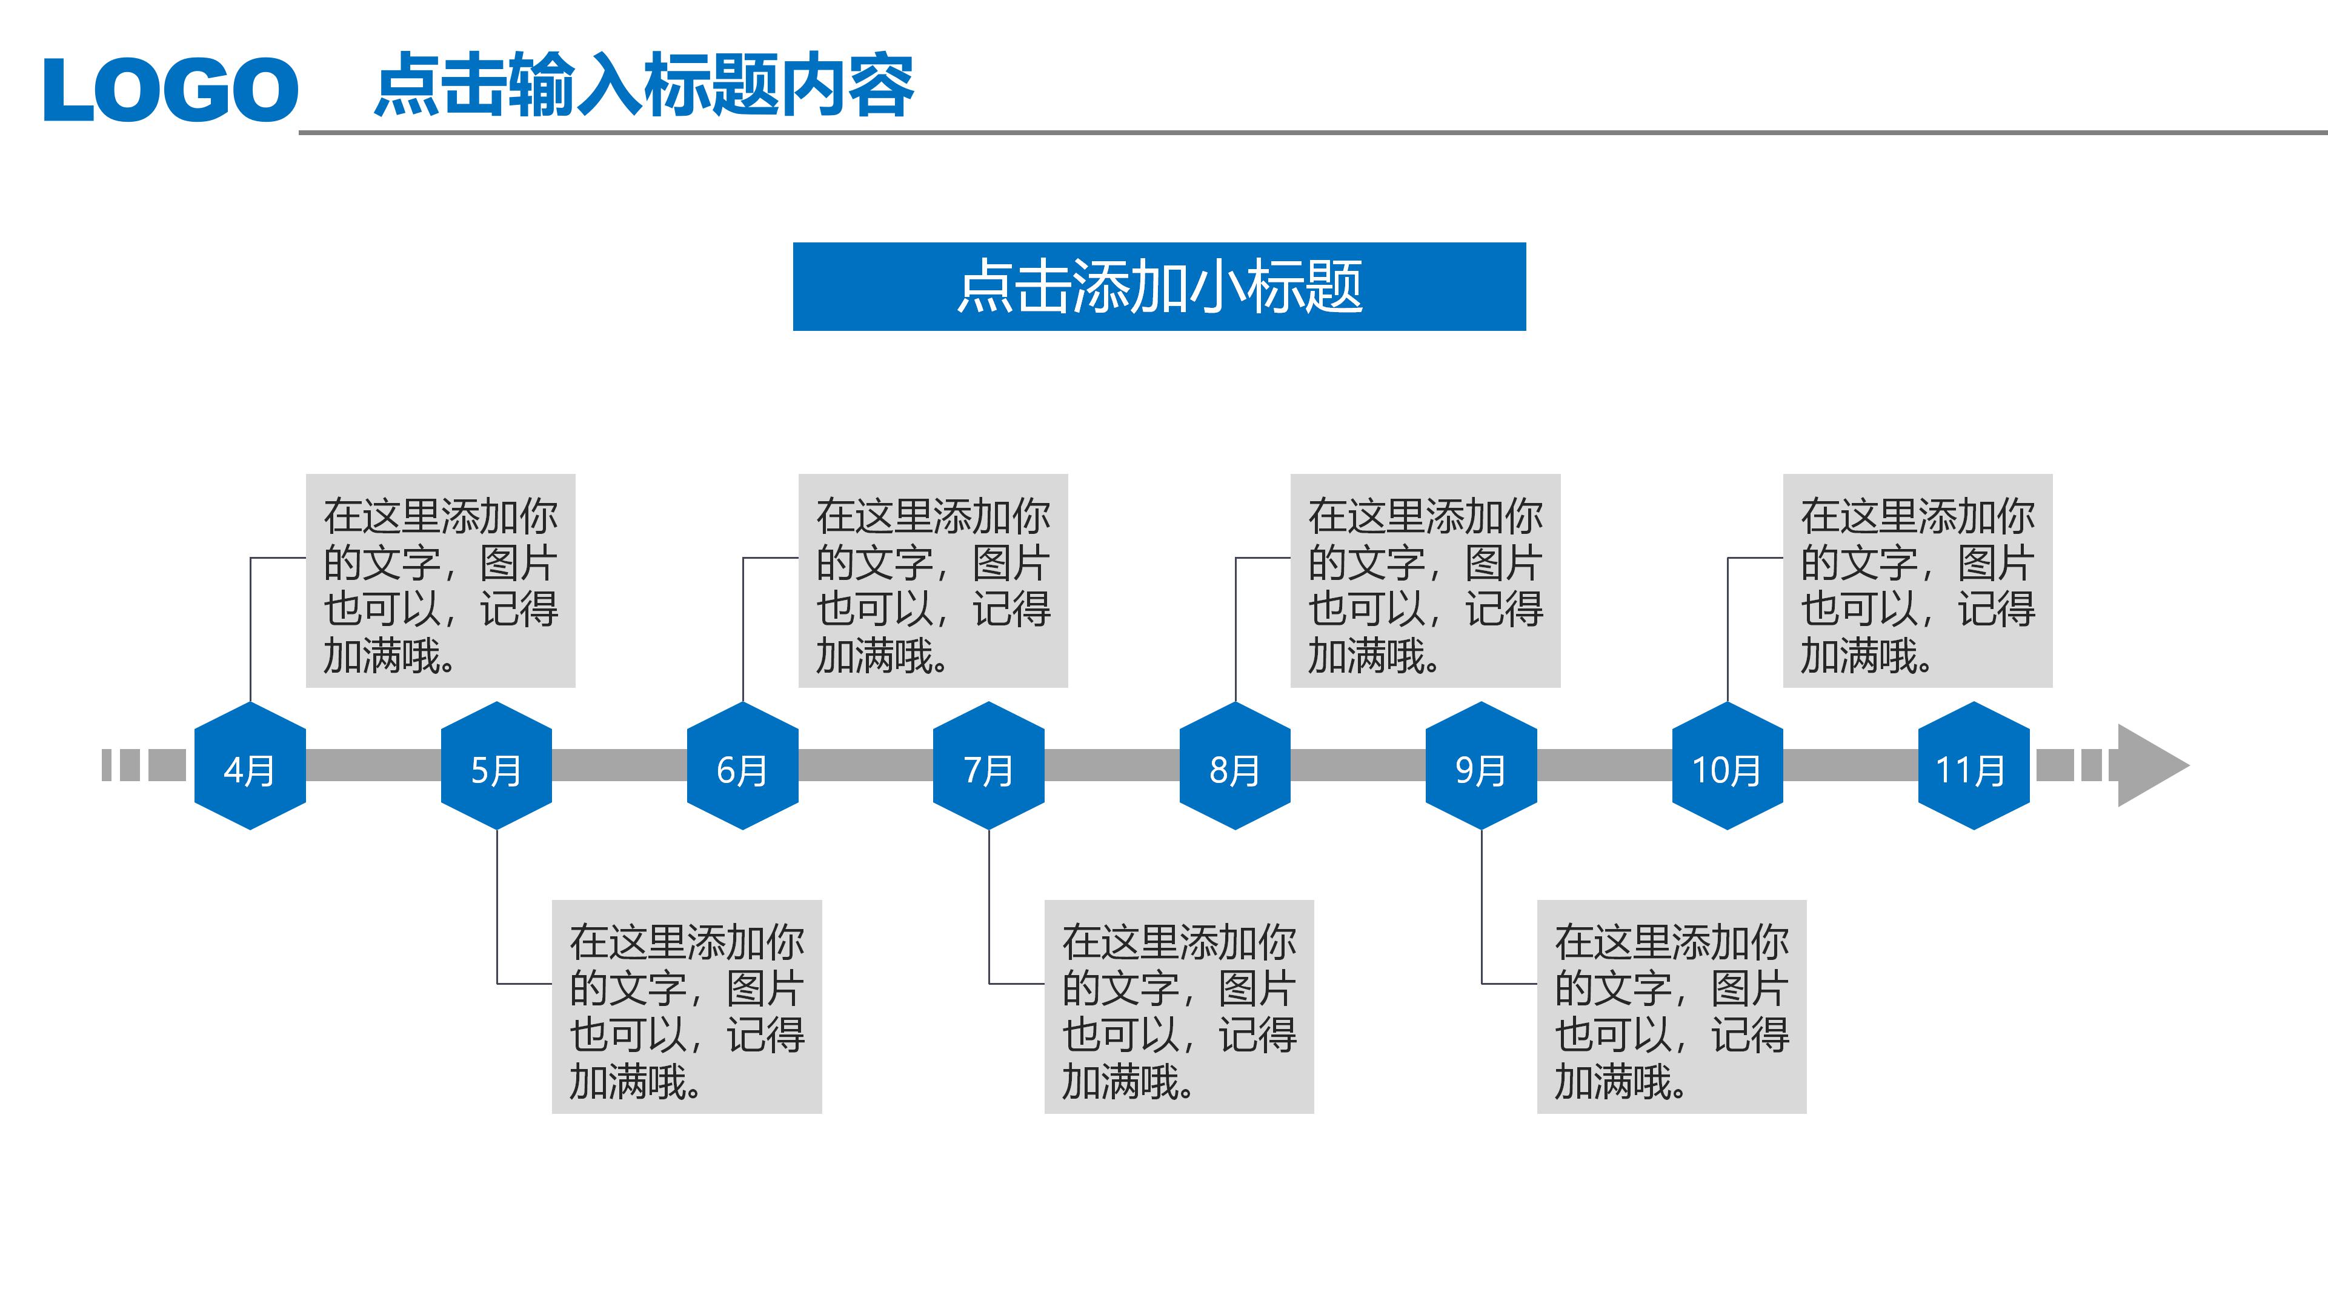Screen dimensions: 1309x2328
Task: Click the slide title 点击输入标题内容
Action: [644, 85]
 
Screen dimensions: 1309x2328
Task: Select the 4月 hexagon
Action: [250, 767]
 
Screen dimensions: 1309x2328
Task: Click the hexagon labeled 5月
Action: [496, 767]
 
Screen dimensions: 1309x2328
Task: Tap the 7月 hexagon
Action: [989, 767]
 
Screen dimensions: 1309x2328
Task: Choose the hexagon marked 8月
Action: [1234, 767]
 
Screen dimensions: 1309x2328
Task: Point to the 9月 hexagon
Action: [1482, 767]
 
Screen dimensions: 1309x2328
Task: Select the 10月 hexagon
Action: [1727, 767]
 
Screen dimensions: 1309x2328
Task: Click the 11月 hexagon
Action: [1974, 767]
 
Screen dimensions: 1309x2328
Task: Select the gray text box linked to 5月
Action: [687, 1006]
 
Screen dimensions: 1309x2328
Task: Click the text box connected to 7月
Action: [1179, 1006]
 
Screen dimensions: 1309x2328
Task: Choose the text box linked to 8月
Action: [1425, 581]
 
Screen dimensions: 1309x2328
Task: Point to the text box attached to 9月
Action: [1671, 1006]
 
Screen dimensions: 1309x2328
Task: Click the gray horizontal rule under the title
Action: [1311, 133]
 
